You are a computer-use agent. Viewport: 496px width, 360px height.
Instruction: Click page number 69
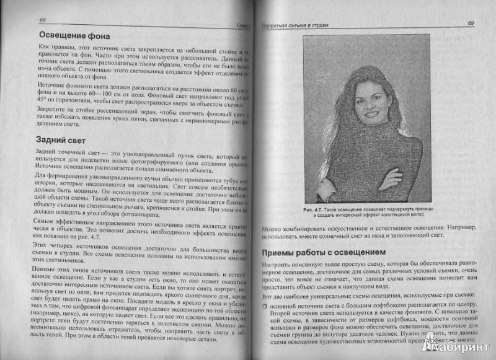(469, 24)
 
